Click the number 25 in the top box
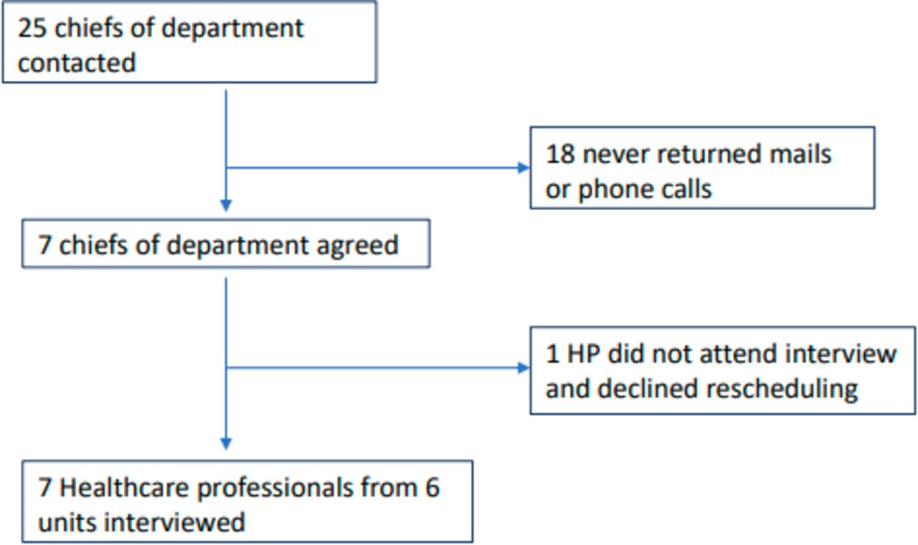pos(32,29)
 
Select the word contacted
pos(77,63)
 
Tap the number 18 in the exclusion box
pos(560,154)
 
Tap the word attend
pos(738,354)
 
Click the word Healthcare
pos(125,488)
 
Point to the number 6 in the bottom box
pos(432,488)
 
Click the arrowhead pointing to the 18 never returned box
pos(524,168)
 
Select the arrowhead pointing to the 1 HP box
pos(524,368)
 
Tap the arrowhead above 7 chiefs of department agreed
pos(226,205)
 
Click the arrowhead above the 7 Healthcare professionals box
pos(226,444)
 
